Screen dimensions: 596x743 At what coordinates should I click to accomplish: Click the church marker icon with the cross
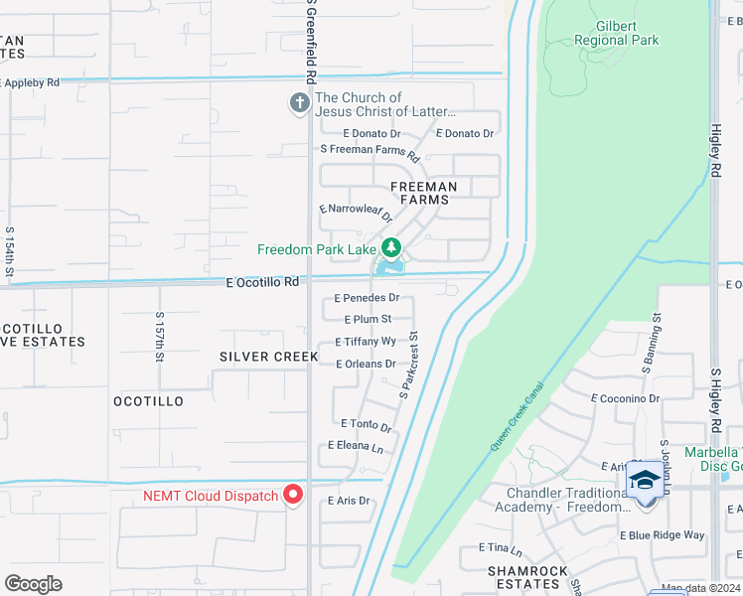pos(298,103)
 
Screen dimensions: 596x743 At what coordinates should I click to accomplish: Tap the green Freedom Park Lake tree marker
pos(391,246)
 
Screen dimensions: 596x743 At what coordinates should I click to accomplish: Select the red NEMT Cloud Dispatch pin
pos(293,494)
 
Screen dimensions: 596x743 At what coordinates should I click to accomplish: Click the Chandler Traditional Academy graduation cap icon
pos(645,481)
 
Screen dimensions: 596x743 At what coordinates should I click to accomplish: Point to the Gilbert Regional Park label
pos(616,34)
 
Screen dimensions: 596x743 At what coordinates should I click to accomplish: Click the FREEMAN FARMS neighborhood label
pos(424,193)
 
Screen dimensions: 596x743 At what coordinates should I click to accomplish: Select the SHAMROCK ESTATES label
pos(527,578)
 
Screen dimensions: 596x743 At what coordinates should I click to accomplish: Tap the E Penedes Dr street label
pos(367,298)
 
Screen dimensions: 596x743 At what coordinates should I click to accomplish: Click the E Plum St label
pos(368,320)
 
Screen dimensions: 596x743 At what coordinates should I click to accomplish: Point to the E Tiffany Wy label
pos(366,342)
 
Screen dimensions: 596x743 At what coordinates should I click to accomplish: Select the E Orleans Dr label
pos(367,365)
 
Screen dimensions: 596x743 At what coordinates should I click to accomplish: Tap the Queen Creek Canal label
pos(518,416)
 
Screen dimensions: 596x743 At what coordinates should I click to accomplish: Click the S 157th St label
pos(160,338)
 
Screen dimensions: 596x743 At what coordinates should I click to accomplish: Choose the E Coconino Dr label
pos(626,398)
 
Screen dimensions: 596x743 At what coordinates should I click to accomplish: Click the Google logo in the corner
pos(34,584)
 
